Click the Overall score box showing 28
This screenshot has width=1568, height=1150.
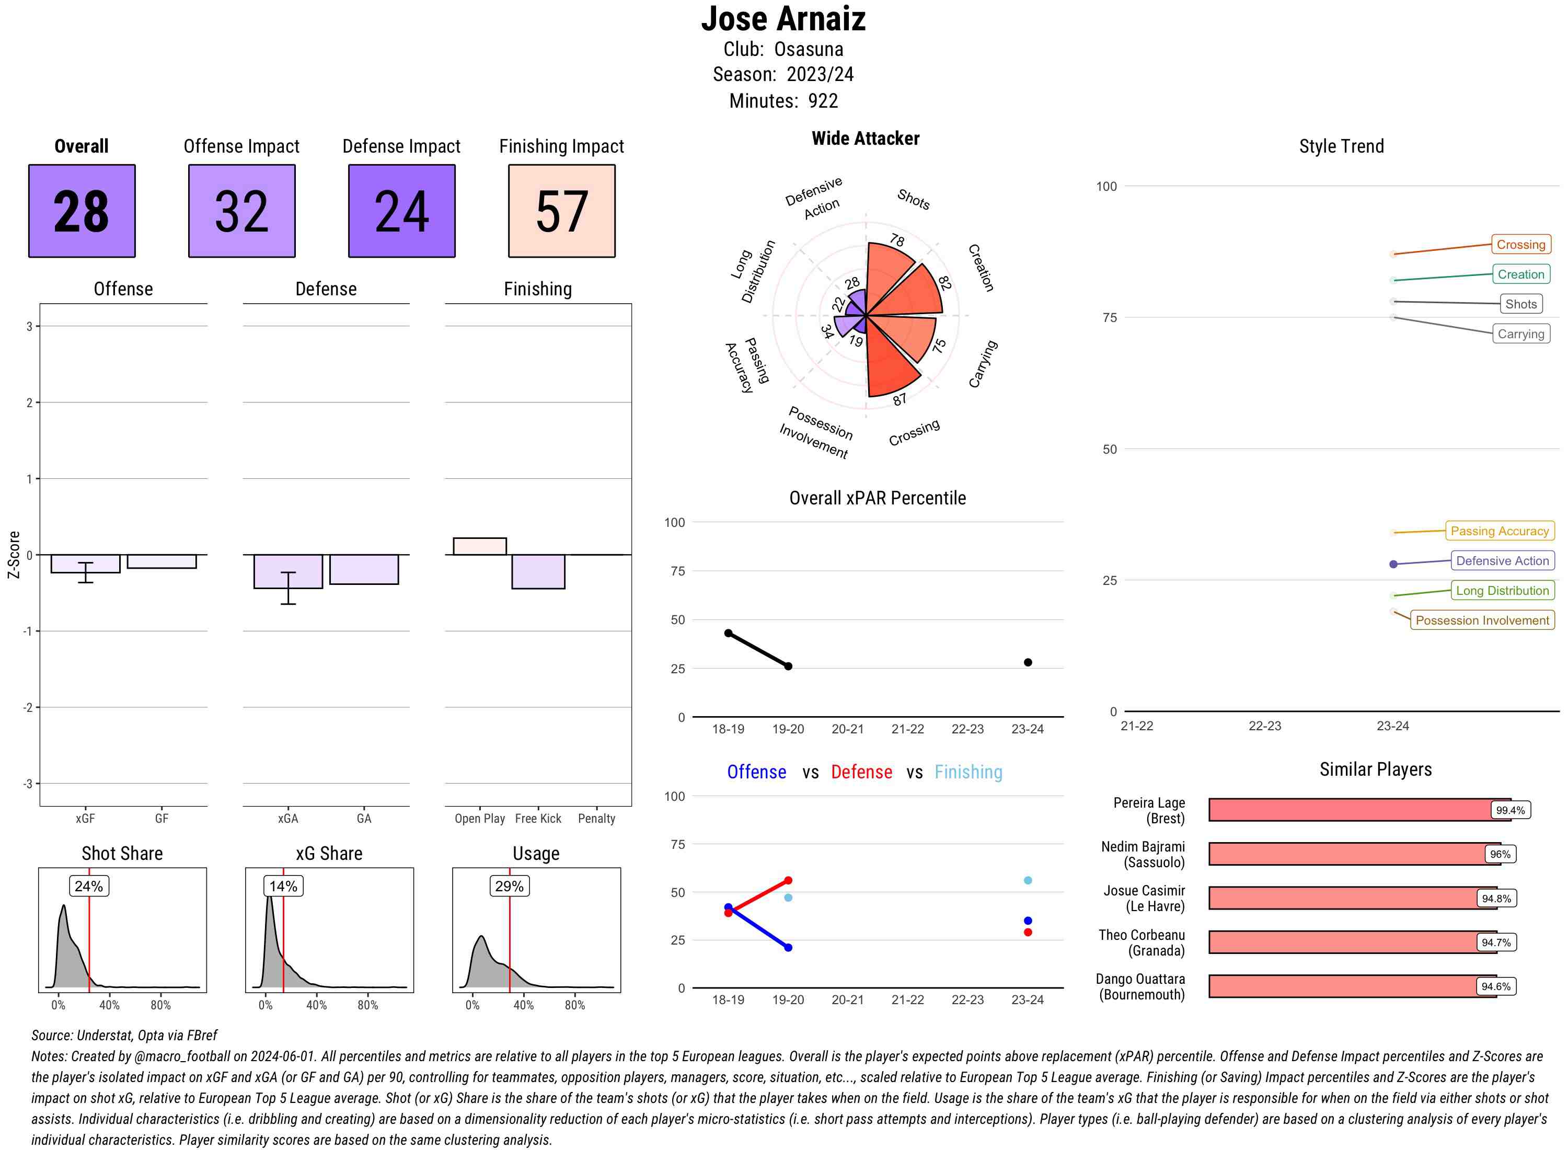tap(82, 211)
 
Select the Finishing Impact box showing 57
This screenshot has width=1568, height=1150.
tap(562, 211)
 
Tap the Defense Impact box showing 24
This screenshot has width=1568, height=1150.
tap(401, 211)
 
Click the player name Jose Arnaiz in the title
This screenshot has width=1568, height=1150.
tap(783, 19)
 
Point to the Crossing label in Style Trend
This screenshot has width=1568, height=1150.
tap(1520, 244)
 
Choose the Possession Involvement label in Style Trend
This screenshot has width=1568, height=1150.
tap(1482, 620)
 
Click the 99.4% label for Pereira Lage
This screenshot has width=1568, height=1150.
tap(1509, 810)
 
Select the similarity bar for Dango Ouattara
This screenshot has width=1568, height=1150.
tap(1352, 986)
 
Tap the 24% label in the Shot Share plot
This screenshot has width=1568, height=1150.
tap(88, 886)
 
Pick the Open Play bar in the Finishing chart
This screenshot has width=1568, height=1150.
tap(479, 546)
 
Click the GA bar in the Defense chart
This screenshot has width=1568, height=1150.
tap(364, 569)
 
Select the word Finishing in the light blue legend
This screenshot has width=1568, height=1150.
tap(968, 772)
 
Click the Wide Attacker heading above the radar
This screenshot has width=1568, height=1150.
tap(865, 139)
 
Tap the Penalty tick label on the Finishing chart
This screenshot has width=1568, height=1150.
tap(596, 819)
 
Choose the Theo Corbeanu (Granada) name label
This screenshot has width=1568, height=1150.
tap(1142, 942)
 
